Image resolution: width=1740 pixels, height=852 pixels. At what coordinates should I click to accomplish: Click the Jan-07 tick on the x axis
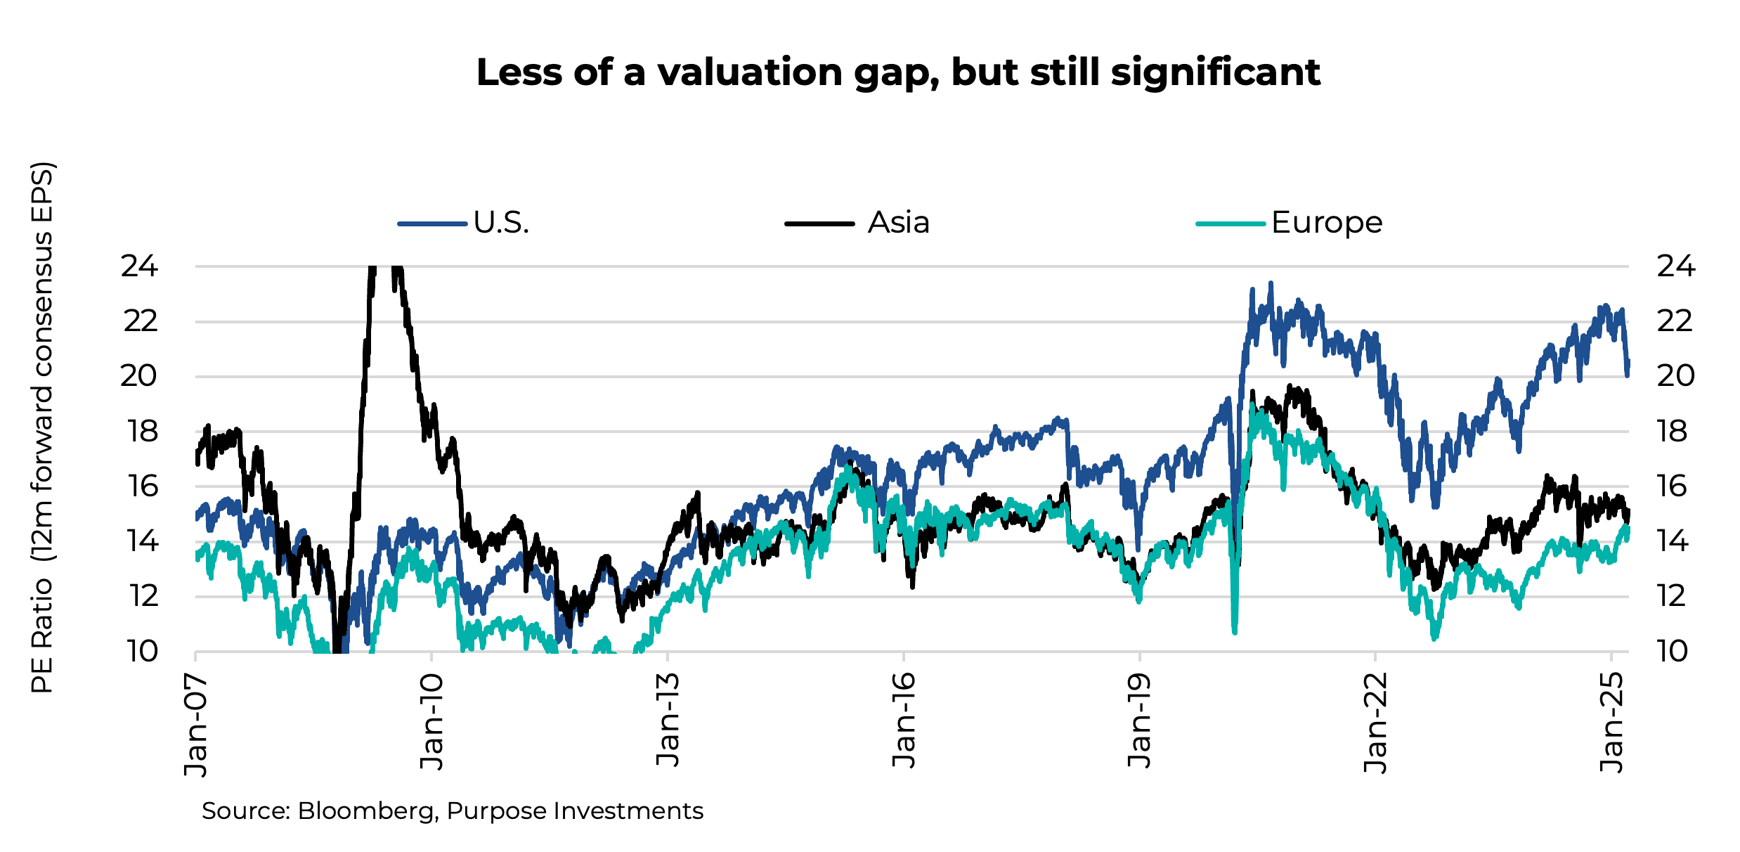point(196,724)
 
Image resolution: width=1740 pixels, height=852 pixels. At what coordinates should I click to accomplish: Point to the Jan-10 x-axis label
point(431,722)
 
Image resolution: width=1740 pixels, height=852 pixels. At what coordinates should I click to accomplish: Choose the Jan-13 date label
point(668,720)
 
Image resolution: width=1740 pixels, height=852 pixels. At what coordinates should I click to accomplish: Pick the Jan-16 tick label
point(904,721)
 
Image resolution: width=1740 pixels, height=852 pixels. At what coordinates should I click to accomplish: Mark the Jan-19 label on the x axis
point(1139,721)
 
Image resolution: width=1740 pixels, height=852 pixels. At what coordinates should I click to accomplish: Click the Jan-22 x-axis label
point(1375,722)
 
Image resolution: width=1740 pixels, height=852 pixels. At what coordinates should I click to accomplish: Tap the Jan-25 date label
point(1611,722)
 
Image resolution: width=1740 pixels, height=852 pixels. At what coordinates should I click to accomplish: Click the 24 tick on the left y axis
point(139,266)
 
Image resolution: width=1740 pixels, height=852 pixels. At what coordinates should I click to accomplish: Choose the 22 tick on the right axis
point(1675,321)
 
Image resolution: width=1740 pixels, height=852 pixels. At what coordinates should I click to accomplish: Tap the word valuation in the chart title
point(750,72)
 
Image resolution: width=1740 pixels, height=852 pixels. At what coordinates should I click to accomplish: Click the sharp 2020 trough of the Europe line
point(1235,631)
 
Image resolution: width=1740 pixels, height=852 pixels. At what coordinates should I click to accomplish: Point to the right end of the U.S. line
point(1628,367)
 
